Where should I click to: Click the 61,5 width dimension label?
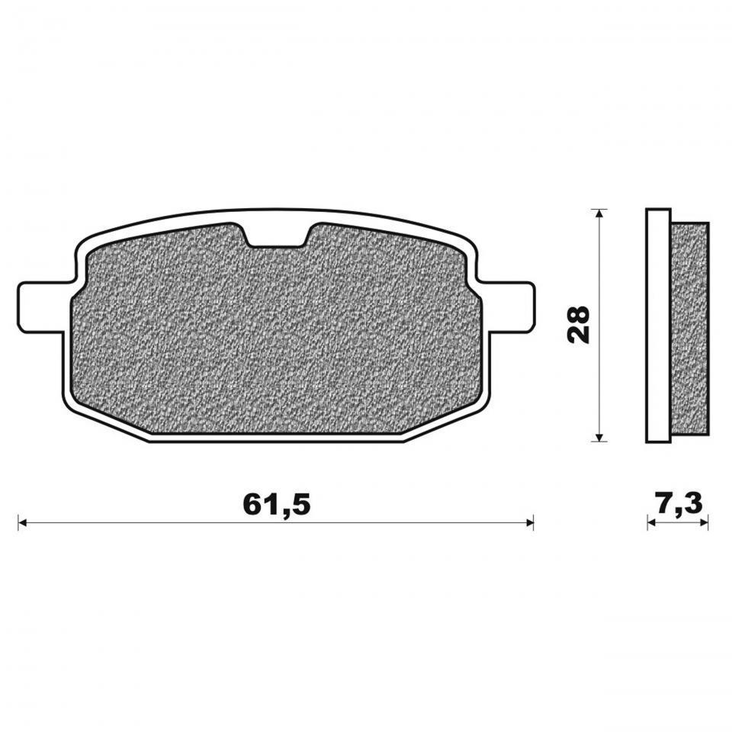(276, 504)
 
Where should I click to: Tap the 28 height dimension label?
(579, 325)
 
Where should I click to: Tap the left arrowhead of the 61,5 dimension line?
(22, 522)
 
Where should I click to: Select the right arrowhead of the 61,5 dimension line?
(529, 522)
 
